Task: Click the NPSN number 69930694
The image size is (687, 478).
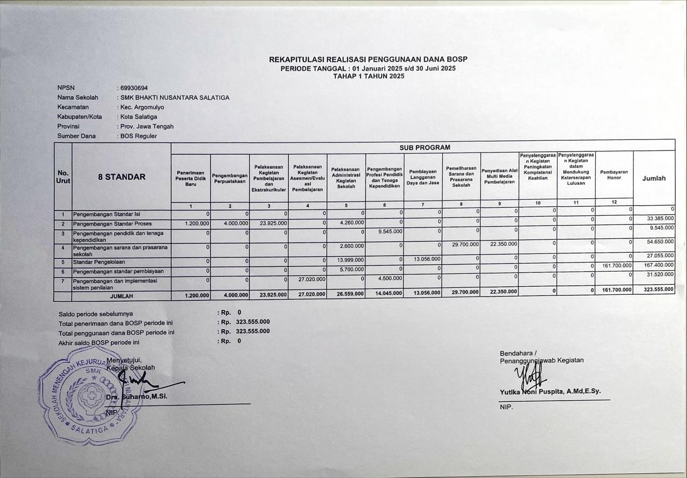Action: coord(134,88)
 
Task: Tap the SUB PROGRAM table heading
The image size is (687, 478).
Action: coord(425,147)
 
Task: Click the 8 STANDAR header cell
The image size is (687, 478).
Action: coord(121,177)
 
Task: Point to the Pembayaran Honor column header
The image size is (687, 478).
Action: coord(613,175)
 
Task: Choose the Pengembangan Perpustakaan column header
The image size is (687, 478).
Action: coord(230,178)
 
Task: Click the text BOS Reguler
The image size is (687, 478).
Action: coord(138,136)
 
